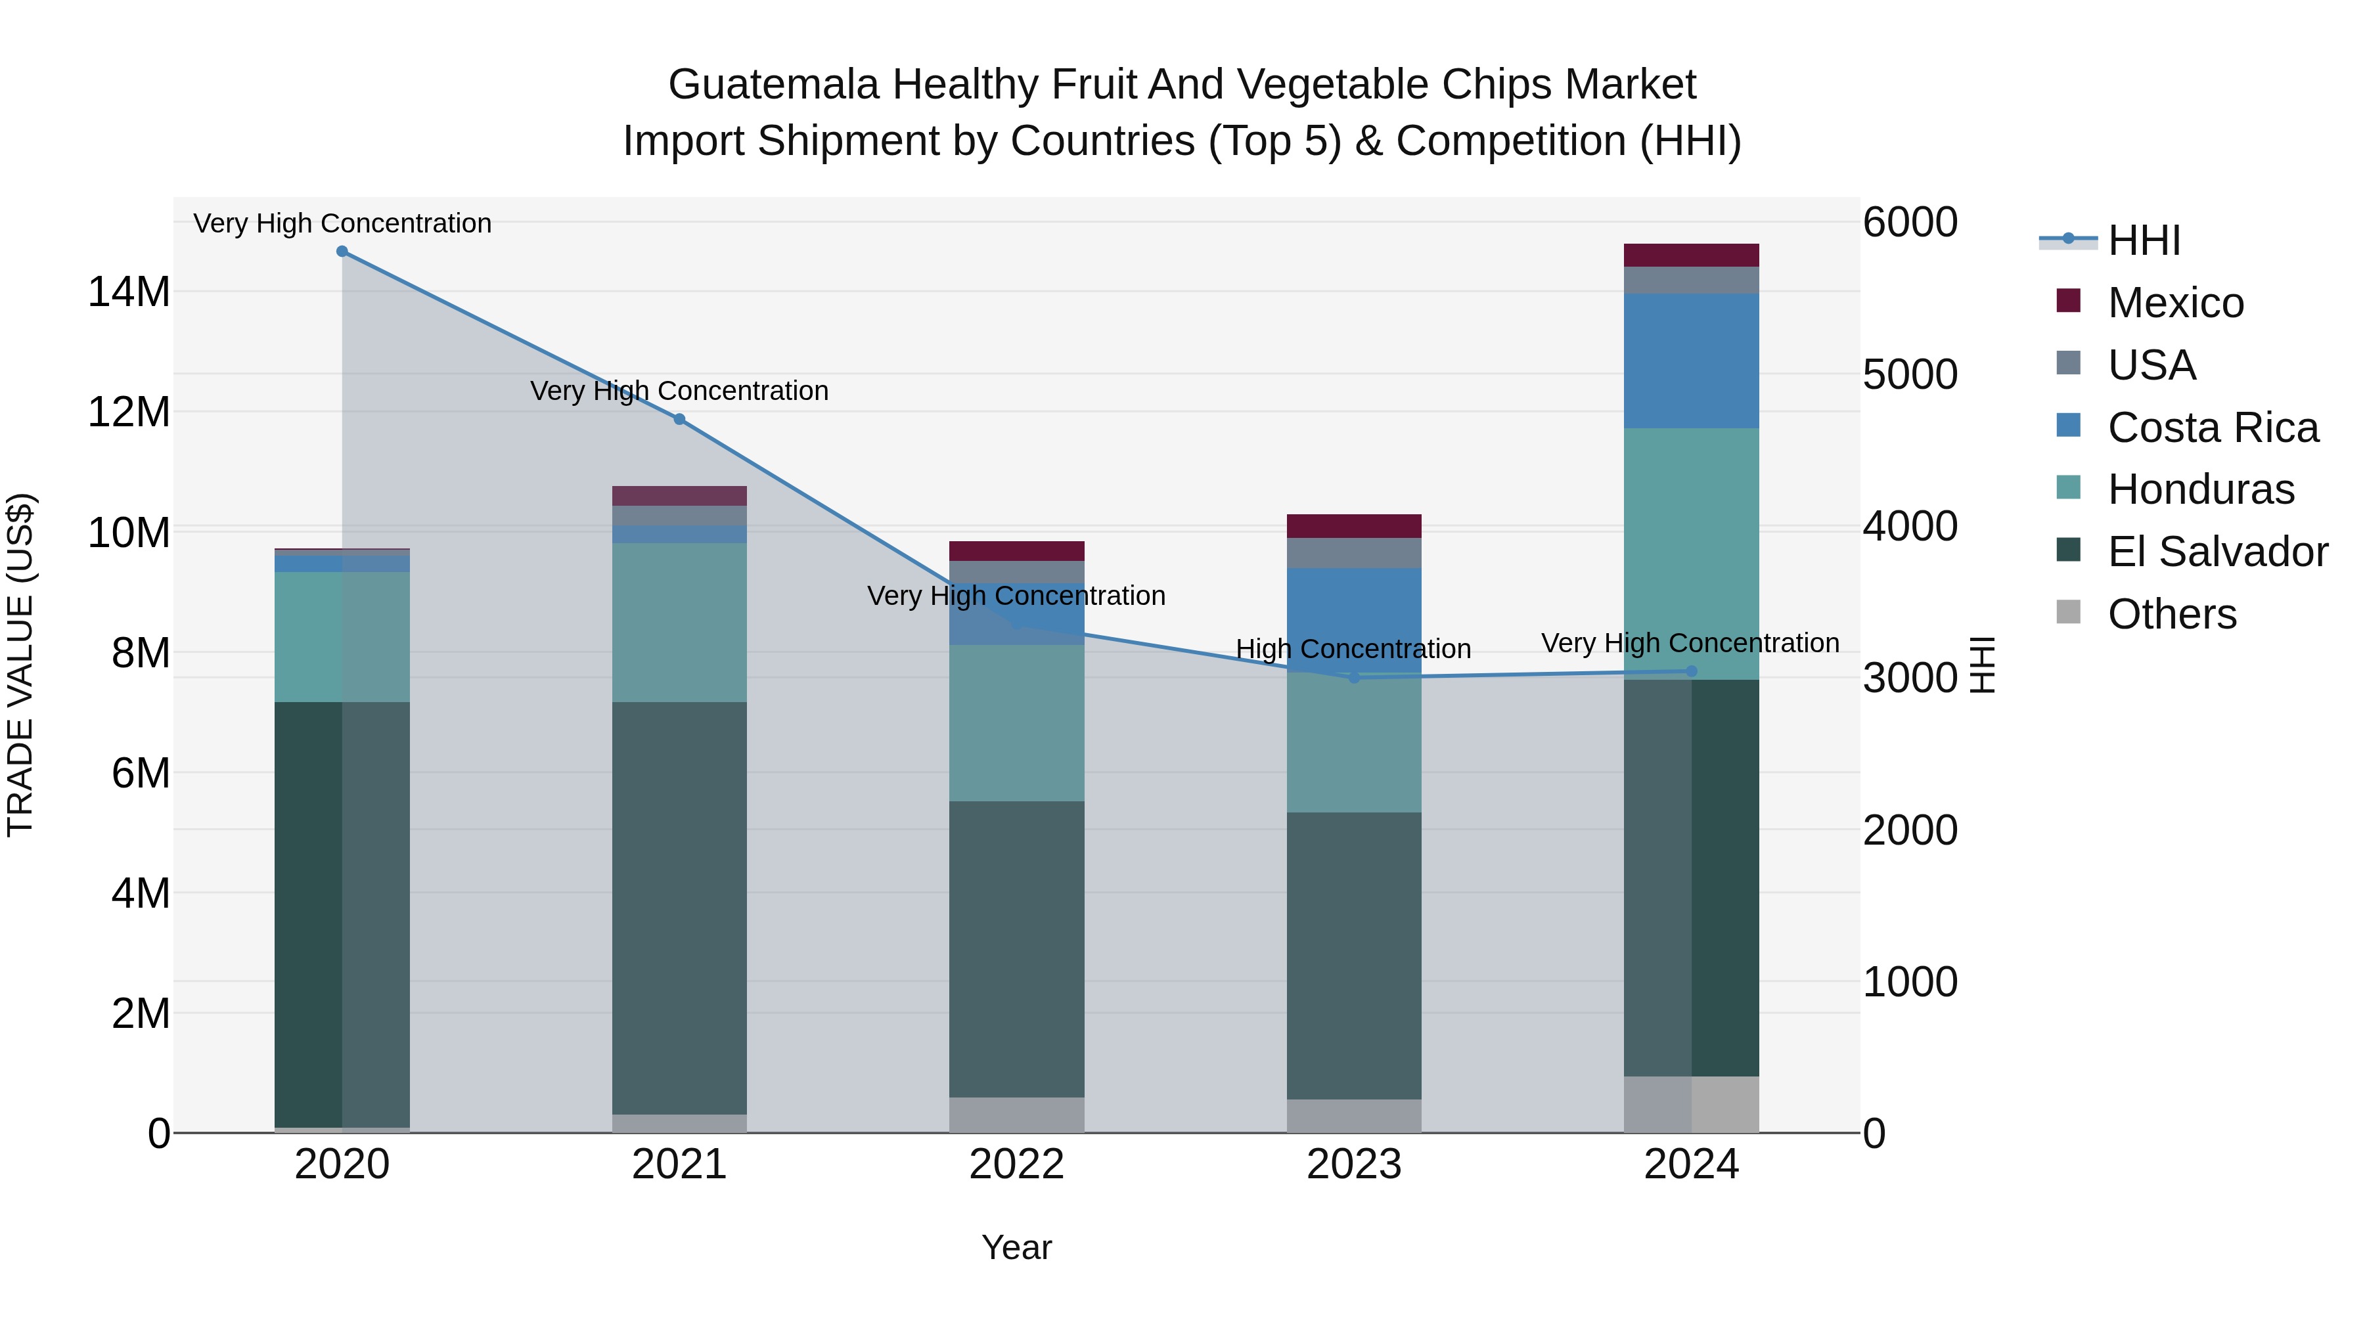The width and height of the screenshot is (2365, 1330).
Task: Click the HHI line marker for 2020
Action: pyautogui.click(x=342, y=252)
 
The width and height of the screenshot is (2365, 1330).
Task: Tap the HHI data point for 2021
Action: pyautogui.click(x=679, y=420)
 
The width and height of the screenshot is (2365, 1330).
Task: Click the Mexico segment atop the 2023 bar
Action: pyautogui.click(x=1353, y=526)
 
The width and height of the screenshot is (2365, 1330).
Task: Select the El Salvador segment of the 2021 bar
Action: pyautogui.click(x=679, y=909)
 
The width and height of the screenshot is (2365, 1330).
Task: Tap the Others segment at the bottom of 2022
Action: pyautogui.click(x=1016, y=1115)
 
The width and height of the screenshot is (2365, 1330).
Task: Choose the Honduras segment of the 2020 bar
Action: pyautogui.click(x=342, y=637)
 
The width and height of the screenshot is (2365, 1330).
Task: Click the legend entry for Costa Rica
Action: pyautogui.click(x=2213, y=428)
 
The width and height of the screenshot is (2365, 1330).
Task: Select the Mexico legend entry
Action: pyautogui.click(x=2175, y=303)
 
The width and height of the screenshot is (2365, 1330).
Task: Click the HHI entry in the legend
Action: pyautogui.click(x=2143, y=240)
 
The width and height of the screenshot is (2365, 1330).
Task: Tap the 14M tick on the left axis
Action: pyautogui.click(x=129, y=292)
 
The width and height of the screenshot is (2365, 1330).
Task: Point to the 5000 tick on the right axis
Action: pyautogui.click(x=1910, y=374)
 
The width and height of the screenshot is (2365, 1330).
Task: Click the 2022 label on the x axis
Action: pyautogui.click(x=1016, y=1164)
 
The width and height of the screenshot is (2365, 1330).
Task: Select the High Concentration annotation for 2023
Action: pyautogui.click(x=1353, y=649)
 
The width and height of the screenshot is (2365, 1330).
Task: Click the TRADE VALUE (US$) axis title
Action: pyautogui.click(x=20, y=665)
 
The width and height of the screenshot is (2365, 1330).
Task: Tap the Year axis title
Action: pyautogui.click(x=1016, y=1247)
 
